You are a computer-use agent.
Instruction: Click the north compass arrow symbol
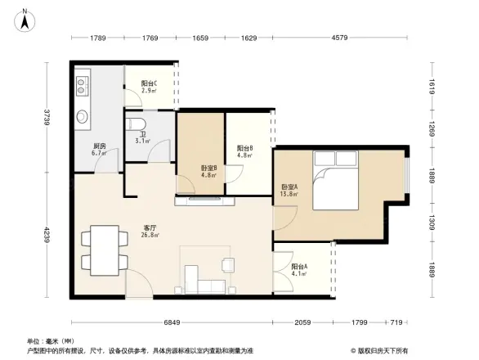click(26, 19)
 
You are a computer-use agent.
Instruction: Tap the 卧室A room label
click(289, 190)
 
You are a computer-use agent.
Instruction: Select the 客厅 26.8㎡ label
click(150, 232)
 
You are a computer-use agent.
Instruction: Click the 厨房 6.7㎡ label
click(100, 150)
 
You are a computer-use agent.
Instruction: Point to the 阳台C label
click(149, 86)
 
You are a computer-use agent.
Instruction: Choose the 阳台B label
click(244, 151)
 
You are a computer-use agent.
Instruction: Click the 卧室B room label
click(208, 172)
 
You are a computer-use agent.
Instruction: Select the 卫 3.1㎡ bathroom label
click(142, 138)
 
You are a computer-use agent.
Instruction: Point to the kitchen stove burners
click(83, 83)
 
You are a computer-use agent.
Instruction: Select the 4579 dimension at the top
click(339, 38)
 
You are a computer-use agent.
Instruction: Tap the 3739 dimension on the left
click(48, 119)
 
